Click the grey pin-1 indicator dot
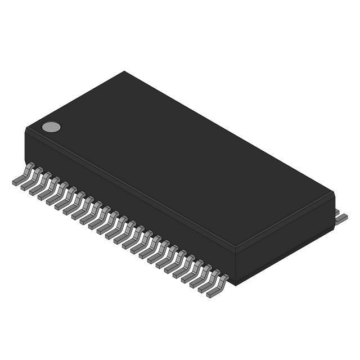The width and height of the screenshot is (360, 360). pyautogui.click(x=51, y=127)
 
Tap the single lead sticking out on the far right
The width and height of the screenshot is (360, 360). pyautogui.click(x=341, y=218)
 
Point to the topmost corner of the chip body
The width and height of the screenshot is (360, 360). pyautogui.click(x=124, y=71)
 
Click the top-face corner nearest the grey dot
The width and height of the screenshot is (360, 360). pyautogui.click(x=26, y=129)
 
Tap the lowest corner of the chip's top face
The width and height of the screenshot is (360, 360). pyautogui.click(x=236, y=248)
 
